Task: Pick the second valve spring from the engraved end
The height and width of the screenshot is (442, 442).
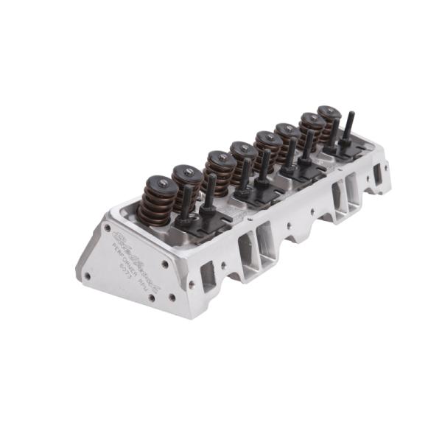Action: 187,181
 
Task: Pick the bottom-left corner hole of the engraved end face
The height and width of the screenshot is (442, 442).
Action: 87,277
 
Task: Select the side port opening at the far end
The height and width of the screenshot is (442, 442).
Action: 377,174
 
